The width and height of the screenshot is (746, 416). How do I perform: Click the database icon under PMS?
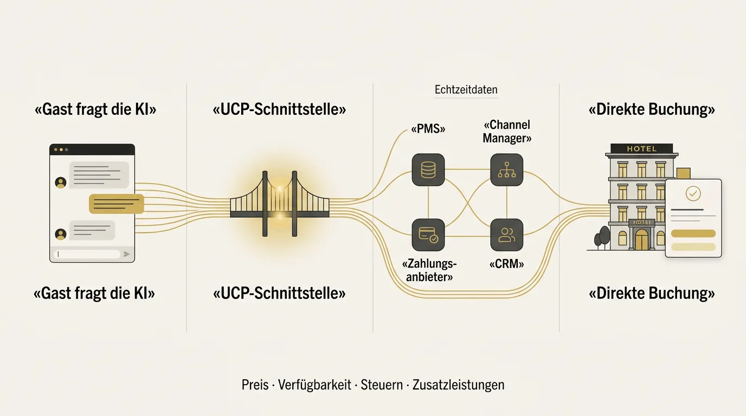pos(428,170)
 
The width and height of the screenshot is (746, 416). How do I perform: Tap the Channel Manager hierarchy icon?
pos(506,170)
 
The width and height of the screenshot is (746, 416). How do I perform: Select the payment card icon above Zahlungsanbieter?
pos(428,235)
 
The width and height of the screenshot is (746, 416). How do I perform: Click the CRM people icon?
pos(506,235)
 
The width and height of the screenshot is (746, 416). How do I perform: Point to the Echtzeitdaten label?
pos(466,89)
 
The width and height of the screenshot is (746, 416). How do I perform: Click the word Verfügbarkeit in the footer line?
pos(314,385)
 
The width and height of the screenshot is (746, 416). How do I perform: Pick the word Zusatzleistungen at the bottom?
pos(458,385)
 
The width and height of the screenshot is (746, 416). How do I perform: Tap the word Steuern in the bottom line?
pos(382,385)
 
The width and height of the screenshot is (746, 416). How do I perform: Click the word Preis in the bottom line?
pos(255,385)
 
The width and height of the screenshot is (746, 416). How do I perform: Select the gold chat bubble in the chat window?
pos(117,204)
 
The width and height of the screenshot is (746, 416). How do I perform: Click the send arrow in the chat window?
pos(126,254)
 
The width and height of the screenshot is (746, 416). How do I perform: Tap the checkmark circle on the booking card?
pos(693,193)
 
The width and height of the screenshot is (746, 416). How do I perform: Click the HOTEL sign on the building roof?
pos(641,148)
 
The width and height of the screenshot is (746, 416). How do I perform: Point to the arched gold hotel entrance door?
pos(641,239)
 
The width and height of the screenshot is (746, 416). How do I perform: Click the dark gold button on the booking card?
pos(693,233)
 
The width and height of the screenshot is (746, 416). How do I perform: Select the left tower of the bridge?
pos(265,204)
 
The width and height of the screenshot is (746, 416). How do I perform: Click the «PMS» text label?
pos(428,129)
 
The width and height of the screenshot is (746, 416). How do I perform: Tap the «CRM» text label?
pos(506,264)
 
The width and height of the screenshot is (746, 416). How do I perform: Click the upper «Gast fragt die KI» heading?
pos(95,109)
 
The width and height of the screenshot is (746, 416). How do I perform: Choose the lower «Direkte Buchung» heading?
pos(652,293)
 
